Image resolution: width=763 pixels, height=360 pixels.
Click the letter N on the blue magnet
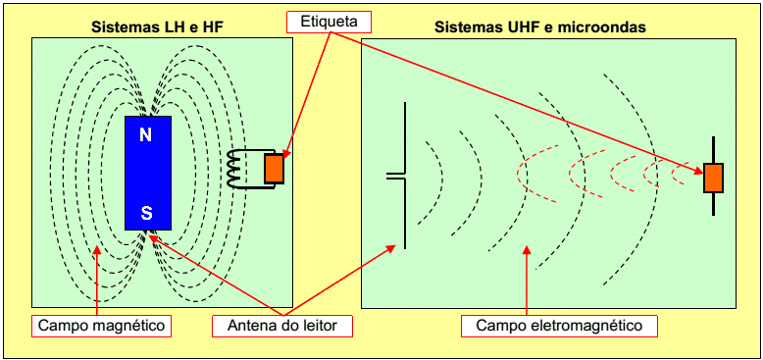coord(145,134)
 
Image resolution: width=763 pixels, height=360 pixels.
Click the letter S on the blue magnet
coord(146,212)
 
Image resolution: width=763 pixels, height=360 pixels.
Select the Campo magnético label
coord(102,326)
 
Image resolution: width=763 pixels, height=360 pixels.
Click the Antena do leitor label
coord(282,326)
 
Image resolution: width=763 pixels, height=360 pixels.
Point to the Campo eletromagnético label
coord(560,326)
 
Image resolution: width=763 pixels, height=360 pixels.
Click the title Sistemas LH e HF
coord(157,27)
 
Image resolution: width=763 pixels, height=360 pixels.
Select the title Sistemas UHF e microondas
coord(540,27)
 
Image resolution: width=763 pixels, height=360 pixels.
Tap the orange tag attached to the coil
coord(274,169)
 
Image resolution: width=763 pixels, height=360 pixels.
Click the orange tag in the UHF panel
coord(713,178)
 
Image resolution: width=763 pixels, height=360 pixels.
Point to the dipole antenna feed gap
coord(396,176)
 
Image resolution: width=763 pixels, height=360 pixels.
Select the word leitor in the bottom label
coord(318,326)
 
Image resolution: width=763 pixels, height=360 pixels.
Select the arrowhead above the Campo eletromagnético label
coord(527,249)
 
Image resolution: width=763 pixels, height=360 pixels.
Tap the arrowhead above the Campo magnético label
coord(97,249)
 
